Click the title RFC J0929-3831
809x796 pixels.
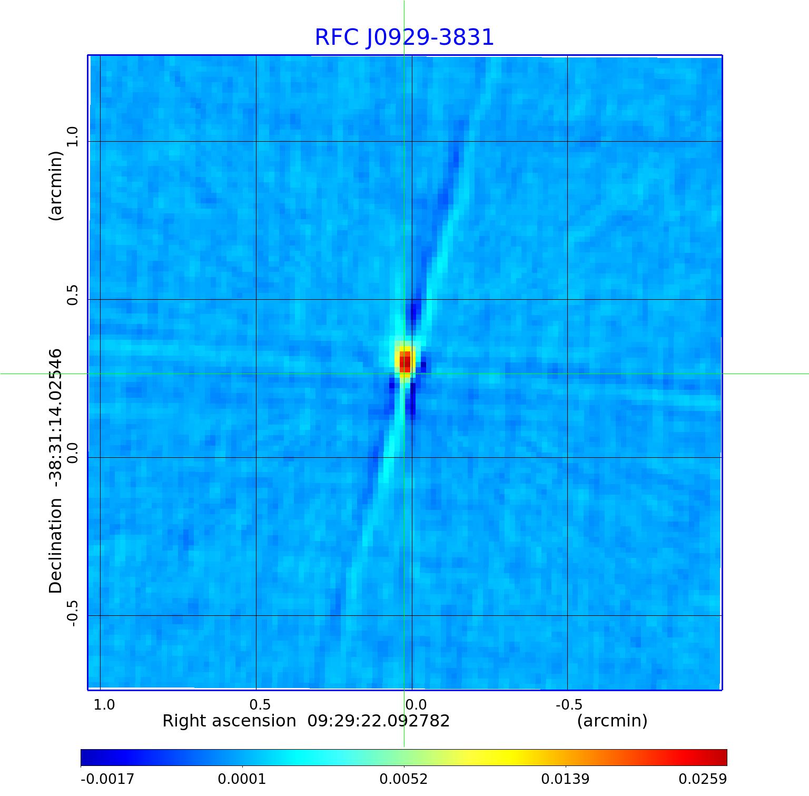click(404, 37)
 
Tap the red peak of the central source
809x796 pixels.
click(405, 363)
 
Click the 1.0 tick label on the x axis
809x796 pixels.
click(104, 704)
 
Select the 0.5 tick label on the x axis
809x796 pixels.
click(260, 704)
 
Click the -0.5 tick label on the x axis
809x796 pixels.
click(569, 704)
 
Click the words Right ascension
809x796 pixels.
click(229, 721)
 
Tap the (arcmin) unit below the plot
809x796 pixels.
click(612, 721)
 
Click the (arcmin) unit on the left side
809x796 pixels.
click(55, 185)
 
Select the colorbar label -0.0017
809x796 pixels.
click(107, 779)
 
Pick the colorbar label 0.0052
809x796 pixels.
click(403, 779)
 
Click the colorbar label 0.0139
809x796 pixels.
click(565, 779)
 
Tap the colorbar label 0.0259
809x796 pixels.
click(702, 779)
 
